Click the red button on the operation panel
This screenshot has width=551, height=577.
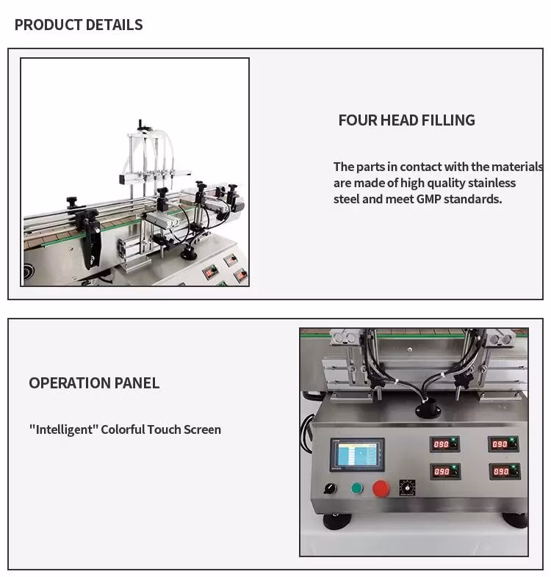click(381, 489)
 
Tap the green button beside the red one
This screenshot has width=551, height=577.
click(357, 488)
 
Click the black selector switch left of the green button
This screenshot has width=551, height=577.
click(330, 487)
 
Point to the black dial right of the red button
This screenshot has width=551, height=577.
click(407, 488)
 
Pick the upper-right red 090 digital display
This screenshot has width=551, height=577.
click(502, 444)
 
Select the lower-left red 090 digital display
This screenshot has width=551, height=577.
click(443, 471)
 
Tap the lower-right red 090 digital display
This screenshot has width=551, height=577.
click(503, 471)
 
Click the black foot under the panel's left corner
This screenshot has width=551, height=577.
click(337, 521)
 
